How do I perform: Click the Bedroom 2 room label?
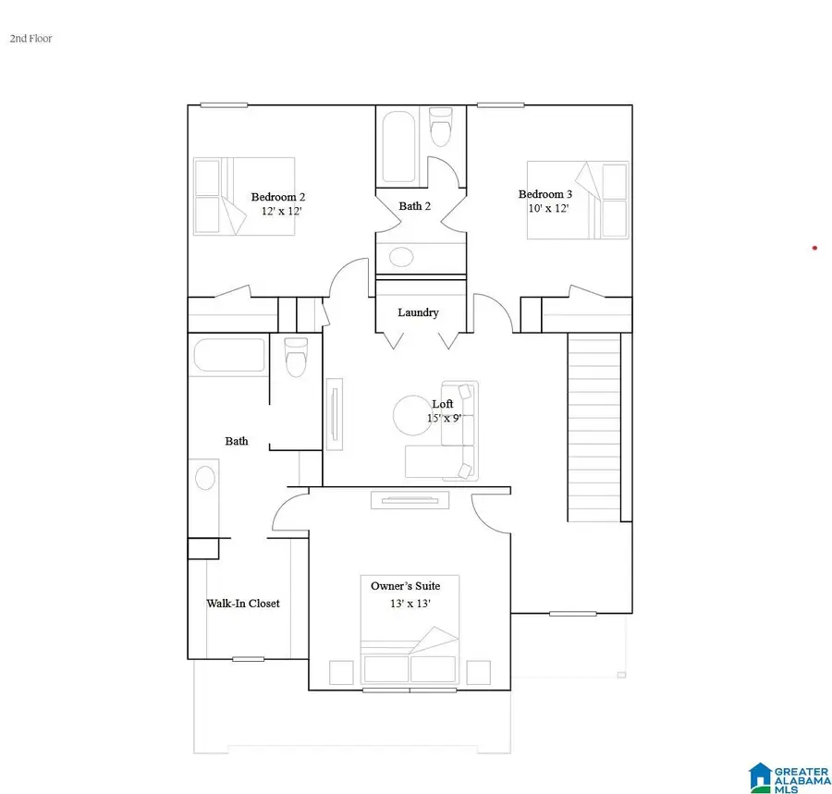(277, 197)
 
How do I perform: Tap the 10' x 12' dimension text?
(546, 209)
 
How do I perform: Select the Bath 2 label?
(414, 206)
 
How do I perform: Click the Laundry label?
(418, 312)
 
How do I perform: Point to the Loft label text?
(443, 404)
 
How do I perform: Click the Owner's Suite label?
(405, 586)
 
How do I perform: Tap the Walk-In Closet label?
(242, 604)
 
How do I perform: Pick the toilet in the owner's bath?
(296, 358)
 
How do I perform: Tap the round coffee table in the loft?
(410, 414)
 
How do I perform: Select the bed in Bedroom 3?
(577, 200)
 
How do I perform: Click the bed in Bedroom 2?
(244, 196)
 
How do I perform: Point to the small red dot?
(814, 248)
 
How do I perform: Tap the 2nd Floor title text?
(31, 39)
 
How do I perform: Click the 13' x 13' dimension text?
(410, 604)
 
